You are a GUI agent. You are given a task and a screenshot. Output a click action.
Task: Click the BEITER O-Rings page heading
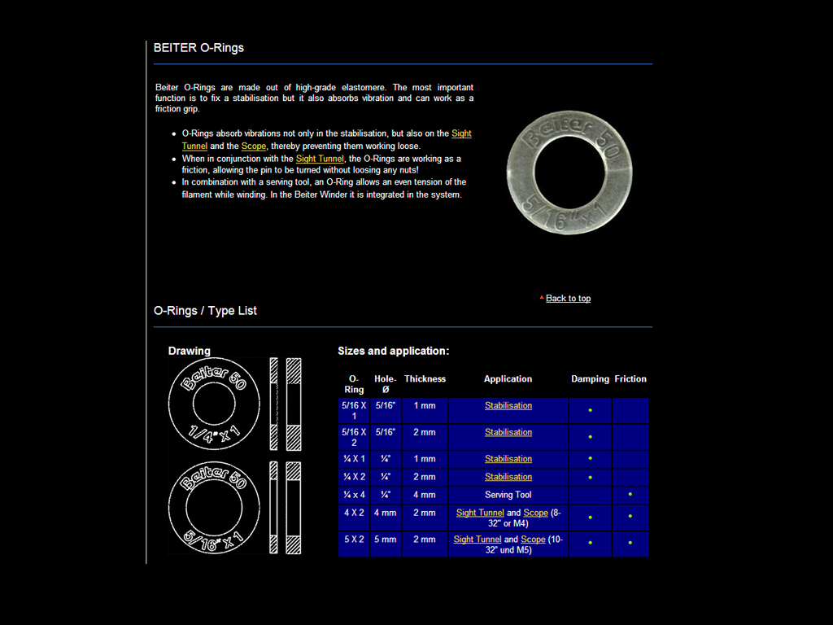[x=198, y=48]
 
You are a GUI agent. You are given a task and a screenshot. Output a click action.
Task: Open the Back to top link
[x=568, y=299]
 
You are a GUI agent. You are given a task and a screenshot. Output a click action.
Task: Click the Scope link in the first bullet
[x=253, y=146]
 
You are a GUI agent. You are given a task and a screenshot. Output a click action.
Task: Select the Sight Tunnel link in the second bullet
[x=320, y=159]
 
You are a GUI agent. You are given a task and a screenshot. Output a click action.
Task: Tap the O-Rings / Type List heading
[x=205, y=311]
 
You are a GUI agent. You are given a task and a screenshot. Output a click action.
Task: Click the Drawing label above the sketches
[x=189, y=351]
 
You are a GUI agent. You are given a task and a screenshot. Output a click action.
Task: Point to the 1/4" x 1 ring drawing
[x=214, y=404]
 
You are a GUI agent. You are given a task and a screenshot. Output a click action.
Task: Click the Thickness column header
[x=425, y=379]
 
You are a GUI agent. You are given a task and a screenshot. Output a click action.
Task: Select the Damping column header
[x=590, y=379]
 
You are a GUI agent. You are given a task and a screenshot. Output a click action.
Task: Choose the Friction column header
[x=630, y=379]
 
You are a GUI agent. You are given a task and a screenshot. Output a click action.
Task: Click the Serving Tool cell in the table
[x=508, y=495]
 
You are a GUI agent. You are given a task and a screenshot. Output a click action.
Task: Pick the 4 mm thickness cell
[x=425, y=495]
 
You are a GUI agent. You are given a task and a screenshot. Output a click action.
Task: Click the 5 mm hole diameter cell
[x=386, y=540]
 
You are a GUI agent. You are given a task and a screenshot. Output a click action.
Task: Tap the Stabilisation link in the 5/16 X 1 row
[x=508, y=406]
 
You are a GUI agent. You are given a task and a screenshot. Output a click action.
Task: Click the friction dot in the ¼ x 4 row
[x=630, y=494]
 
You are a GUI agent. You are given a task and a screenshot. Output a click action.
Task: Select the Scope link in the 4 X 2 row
[x=535, y=513]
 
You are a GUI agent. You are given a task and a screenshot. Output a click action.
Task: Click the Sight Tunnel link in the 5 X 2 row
[x=478, y=540]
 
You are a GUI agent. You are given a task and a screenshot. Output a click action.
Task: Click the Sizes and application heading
[x=393, y=352]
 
